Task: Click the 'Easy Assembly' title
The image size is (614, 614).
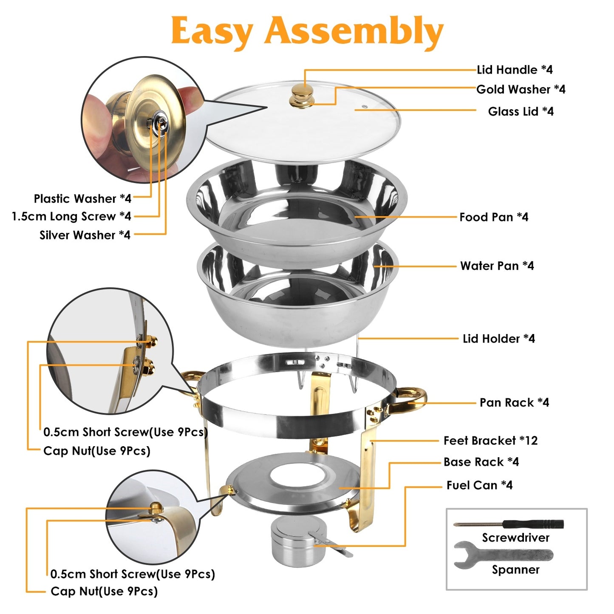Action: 307,31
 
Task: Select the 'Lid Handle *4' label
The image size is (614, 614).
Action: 515,70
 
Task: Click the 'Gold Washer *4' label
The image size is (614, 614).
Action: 521,89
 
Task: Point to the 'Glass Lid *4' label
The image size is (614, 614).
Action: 521,111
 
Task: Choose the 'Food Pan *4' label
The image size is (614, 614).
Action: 493,217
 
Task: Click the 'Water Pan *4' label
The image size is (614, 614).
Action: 497,266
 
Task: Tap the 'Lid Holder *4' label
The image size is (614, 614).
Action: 498,339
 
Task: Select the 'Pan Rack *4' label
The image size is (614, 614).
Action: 514,402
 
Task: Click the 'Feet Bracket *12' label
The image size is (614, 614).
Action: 490,441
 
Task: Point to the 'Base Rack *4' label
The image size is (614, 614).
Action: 481,462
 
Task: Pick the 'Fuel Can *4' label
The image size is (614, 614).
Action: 479,485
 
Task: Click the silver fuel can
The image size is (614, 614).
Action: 292,540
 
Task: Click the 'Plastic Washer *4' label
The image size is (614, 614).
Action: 82,198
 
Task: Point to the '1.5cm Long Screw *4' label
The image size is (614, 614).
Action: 71,216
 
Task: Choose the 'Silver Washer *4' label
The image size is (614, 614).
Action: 85,235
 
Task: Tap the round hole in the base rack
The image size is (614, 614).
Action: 298,471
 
